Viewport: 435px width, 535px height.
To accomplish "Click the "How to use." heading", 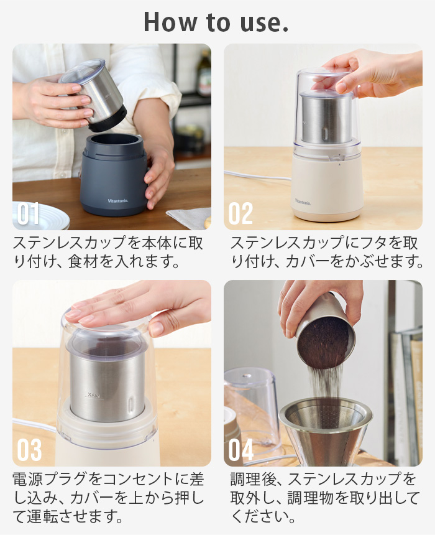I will (216, 22).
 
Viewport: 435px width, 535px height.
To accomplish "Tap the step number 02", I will (240, 213).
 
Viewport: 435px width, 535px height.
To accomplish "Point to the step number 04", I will (241, 450).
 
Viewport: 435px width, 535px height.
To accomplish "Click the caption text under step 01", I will (109, 251).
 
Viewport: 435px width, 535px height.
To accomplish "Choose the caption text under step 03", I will (109, 498).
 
